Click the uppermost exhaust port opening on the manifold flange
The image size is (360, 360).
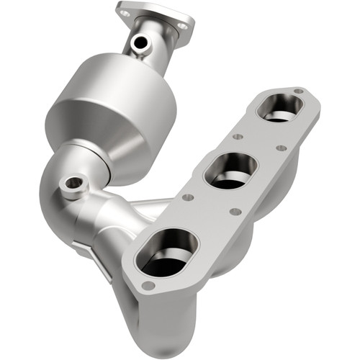(281, 107)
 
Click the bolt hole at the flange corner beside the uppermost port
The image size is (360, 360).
(297, 91)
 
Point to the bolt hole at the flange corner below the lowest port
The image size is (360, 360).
(148, 285)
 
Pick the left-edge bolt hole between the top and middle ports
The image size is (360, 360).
(235, 135)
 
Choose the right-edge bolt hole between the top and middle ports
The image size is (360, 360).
(282, 148)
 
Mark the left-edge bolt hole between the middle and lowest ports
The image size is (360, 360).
(186, 196)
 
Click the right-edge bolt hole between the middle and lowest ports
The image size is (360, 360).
(233, 212)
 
